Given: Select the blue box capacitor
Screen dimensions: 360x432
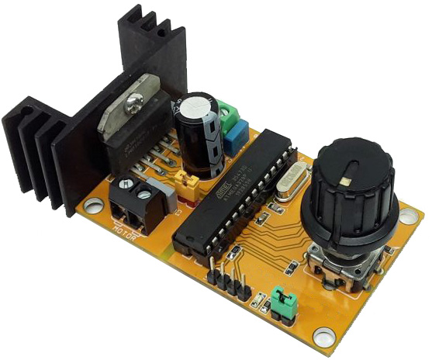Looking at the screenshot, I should coord(235,139).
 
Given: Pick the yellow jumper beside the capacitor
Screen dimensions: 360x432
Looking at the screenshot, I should coord(188,183).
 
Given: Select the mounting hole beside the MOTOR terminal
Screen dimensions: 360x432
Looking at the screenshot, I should coord(93,207).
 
